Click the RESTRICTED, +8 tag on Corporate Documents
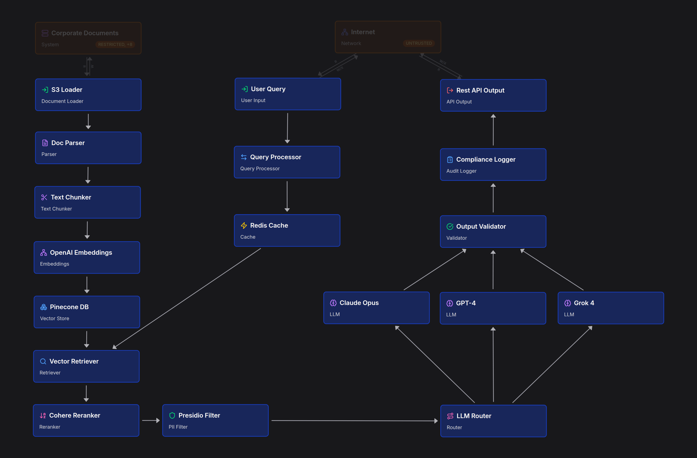click(x=115, y=44)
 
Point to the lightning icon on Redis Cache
click(x=244, y=226)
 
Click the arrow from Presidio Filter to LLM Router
click(x=354, y=421)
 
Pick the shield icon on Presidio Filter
click(x=172, y=416)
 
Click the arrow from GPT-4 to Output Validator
click(x=493, y=270)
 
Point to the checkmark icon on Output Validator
click(x=450, y=226)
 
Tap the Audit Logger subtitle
click(x=461, y=171)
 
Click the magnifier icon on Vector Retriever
click(x=43, y=361)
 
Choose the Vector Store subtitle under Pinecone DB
click(x=54, y=318)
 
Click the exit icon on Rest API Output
click(x=450, y=90)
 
